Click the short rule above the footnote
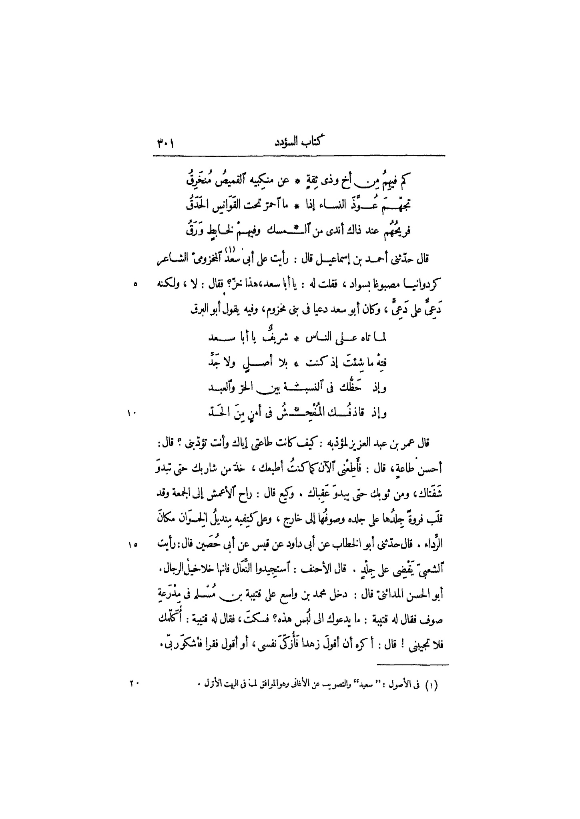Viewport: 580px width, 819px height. tap(413, 665)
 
